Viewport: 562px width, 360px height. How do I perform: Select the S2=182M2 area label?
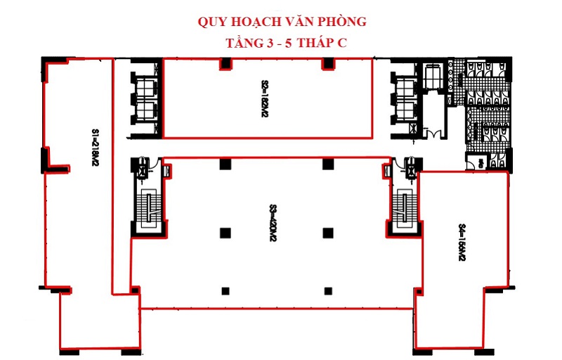coord(266,96)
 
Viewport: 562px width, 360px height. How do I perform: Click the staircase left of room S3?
coord(149,205)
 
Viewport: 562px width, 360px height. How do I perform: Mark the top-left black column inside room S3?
coord(224,164)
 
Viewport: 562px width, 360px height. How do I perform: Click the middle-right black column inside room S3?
coord(327,233)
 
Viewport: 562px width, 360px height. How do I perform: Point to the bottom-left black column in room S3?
coord(225,290)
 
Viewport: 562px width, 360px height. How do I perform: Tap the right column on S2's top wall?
coord(326,64)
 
